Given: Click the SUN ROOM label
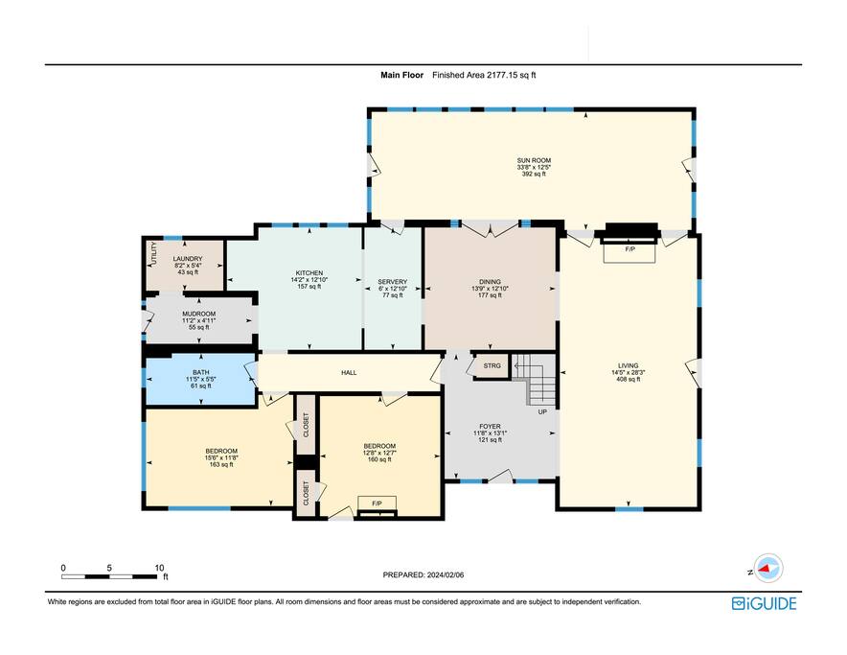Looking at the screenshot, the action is (x=534, y=161).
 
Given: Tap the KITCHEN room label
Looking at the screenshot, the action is (x=309, y=273).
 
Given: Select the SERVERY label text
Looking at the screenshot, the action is (x=393, y=282).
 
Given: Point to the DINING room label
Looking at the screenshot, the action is (x=490, y=282).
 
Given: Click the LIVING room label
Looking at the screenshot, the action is (x=629, y=365).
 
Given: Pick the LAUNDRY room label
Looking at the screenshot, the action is (x=188, y=259).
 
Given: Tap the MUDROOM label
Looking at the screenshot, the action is (x=198, y=314).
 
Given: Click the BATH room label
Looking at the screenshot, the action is (x=201, y=373).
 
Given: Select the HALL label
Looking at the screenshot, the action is (x=349, y=373).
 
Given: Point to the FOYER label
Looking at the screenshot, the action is (x=490, y=426).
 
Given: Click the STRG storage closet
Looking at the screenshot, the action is (x=492, y=366).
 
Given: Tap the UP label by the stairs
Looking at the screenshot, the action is (x=542, y=412).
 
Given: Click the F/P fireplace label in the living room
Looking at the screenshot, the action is (x=630, y=249).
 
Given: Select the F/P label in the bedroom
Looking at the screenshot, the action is (x=378, y=503).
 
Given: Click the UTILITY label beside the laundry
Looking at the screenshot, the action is (x=154, y=253).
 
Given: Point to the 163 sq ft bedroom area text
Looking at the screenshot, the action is (x=221, y=464).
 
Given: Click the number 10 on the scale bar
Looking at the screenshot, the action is (x=159, y=568).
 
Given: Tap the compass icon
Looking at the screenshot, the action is (x=768, y=569).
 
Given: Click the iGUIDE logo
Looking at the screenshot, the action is (x=765, y=603).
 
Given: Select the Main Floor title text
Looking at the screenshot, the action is (x=401, y=75).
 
